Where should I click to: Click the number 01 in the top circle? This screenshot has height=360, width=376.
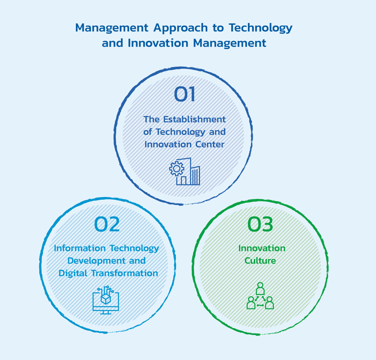tap(184, 94)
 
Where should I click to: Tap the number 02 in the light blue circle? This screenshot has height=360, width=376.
tap(107, 224)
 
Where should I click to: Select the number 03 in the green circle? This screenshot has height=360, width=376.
tap(260, 224)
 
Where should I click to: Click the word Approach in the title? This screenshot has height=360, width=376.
tap(180, 28)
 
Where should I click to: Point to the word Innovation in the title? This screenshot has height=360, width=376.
tap(158, 43)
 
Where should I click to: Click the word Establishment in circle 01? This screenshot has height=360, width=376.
tap(195, 120)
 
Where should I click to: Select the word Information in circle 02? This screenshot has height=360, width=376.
tap(79, 248)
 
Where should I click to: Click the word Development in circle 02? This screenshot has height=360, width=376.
tap(96, 261)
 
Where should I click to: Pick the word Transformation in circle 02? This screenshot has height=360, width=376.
tap(125, 273)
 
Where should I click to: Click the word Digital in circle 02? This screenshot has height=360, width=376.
tap(73, 273)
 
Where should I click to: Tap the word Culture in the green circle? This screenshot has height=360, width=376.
tap(260, 261)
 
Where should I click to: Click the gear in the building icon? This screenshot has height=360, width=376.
tap(177, 169)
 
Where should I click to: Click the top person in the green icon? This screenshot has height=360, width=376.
tap(260, 288)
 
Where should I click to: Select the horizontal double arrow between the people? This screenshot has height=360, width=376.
tap(260, 305)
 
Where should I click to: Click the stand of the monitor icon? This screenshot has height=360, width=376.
tap(106, 312)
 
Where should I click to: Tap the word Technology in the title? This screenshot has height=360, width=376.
tap(260, 28)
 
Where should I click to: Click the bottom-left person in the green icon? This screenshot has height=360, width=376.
tap(251, 303)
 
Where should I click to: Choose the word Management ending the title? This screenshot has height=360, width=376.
tap(229, 43)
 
